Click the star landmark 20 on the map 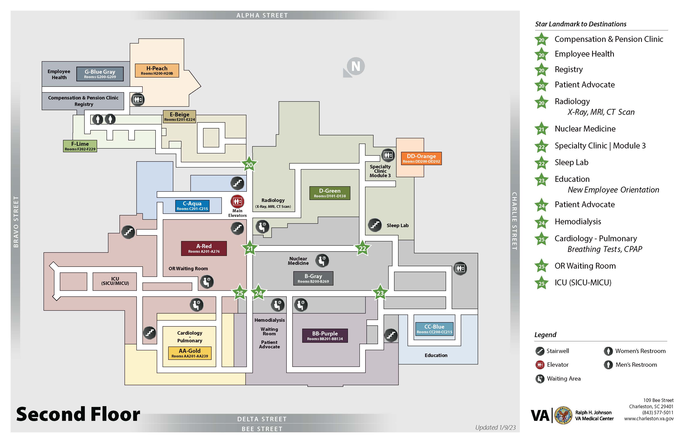point(249,165)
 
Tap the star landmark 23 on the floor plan point(380,293)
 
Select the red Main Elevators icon point(237,201)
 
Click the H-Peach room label point(157,70)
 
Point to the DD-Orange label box point(421,158)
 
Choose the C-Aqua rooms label point(192,206)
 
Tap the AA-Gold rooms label point(190,353)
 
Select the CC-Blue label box point(434,329)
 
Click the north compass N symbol point(355,66)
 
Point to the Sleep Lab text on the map point(398,226)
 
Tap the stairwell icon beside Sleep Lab point(375,225)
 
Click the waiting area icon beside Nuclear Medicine point(322,261)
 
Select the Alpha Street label point(262,15)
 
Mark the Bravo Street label point(16,221)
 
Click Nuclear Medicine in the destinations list point(585,129)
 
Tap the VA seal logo point(563,415)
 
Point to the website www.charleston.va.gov point(649,419)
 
